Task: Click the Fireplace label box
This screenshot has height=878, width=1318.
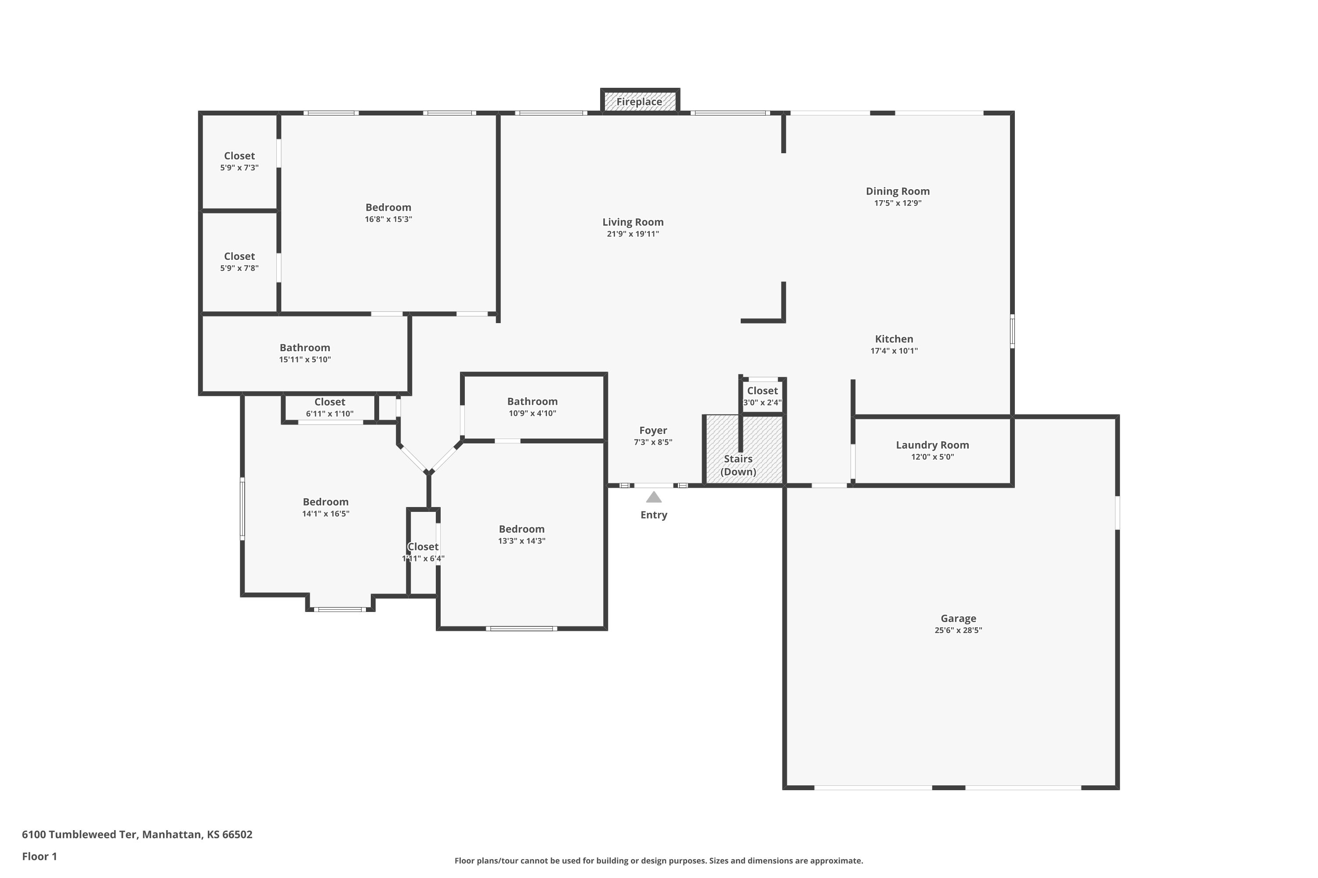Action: click(639, 102)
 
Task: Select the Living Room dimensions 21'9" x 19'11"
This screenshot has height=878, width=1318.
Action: click(633, 234)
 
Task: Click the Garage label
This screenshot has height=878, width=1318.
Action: click(958, 618)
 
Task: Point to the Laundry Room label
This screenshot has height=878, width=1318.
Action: click(932, 445)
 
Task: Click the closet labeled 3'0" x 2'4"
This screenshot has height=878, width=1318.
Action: click(762, 396)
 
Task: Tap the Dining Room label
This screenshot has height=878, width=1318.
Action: click(897, 191)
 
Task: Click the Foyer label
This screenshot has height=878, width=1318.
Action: click(653, 431)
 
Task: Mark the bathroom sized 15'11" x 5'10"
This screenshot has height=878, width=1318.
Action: click(305, 353)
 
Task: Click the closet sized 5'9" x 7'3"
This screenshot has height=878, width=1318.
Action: click(239, 161)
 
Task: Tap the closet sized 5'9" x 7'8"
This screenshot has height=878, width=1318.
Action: click(239, 262)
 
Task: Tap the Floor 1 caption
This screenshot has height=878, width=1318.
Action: click(39, 856)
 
